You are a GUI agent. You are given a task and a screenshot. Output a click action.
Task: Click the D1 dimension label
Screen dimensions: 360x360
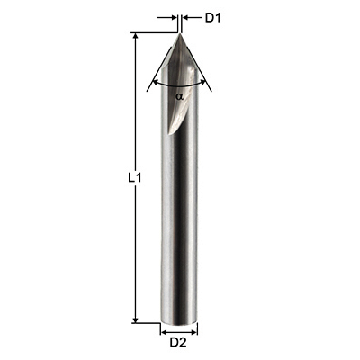pyautogui.click(x=213, y=18)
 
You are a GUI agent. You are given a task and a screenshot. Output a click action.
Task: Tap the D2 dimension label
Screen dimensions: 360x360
pyautogui.click(x=178, y=342)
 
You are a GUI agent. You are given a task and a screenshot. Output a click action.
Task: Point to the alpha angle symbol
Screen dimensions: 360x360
pyautogui.click(x=179, y=96)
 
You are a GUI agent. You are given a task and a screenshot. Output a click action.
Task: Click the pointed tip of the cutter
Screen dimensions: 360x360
pyautogui.click(x=180, y=34)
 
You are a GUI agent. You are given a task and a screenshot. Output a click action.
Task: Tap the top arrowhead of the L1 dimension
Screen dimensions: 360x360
pyautogui.click(x=136, y=36)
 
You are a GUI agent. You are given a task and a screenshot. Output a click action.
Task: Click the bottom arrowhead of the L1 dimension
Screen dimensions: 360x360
pyautogui.click(x=136, y=319)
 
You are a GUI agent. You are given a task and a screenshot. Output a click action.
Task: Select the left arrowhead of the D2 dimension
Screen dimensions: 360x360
pyautogui.click(x=165, y=332)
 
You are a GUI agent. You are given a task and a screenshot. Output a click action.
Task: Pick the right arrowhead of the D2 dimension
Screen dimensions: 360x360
pyautogui.click(x=193, y=332)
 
